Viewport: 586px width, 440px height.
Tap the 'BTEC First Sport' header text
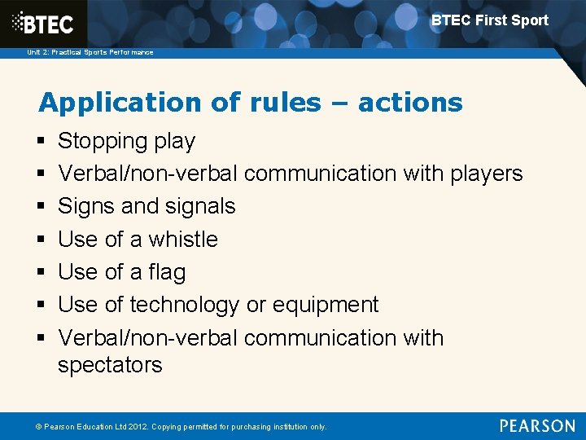489,20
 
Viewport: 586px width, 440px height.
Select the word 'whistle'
183,240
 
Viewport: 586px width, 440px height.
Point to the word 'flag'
167,272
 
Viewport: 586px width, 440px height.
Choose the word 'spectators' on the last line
110,365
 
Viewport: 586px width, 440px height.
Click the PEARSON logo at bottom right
537,426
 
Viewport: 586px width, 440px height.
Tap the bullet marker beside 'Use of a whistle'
42,240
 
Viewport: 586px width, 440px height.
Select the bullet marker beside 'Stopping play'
42,142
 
